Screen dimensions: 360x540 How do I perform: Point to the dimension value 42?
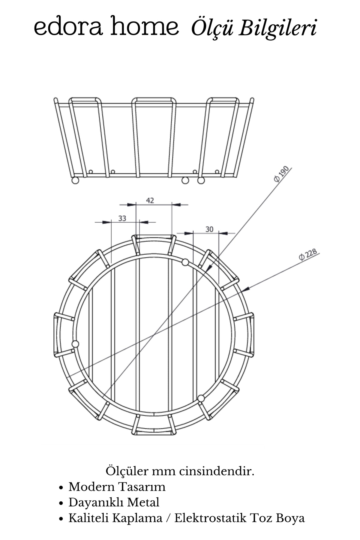click(150, 200)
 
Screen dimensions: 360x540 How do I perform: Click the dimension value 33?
click(122, 218)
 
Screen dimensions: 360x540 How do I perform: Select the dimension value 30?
click(209, 229)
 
